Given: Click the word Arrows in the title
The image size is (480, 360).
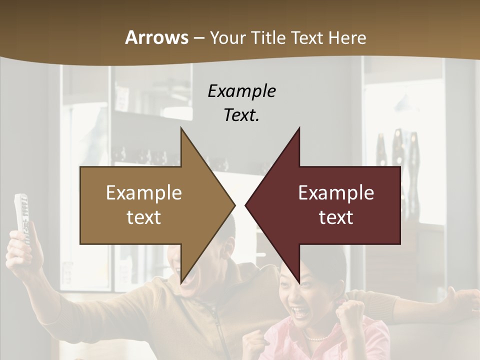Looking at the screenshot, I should click(156, 37).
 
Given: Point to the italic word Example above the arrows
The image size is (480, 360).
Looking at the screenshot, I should click(241, 91).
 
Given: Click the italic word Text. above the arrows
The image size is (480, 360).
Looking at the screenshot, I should click(241, 115).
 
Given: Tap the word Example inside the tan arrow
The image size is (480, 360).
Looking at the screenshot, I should click(144, 193).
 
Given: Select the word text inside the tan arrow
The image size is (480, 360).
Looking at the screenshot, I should click(144, 217).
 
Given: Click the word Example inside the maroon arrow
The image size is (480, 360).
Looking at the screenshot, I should click(336, 193).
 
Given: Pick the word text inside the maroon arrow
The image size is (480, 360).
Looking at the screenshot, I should click(336, 217).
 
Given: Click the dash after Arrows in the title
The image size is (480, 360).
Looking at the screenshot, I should click(198, 38).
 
